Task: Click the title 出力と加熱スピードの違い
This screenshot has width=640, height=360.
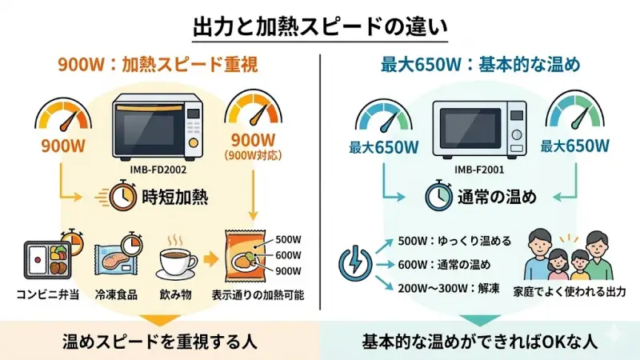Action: click(320, 24)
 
